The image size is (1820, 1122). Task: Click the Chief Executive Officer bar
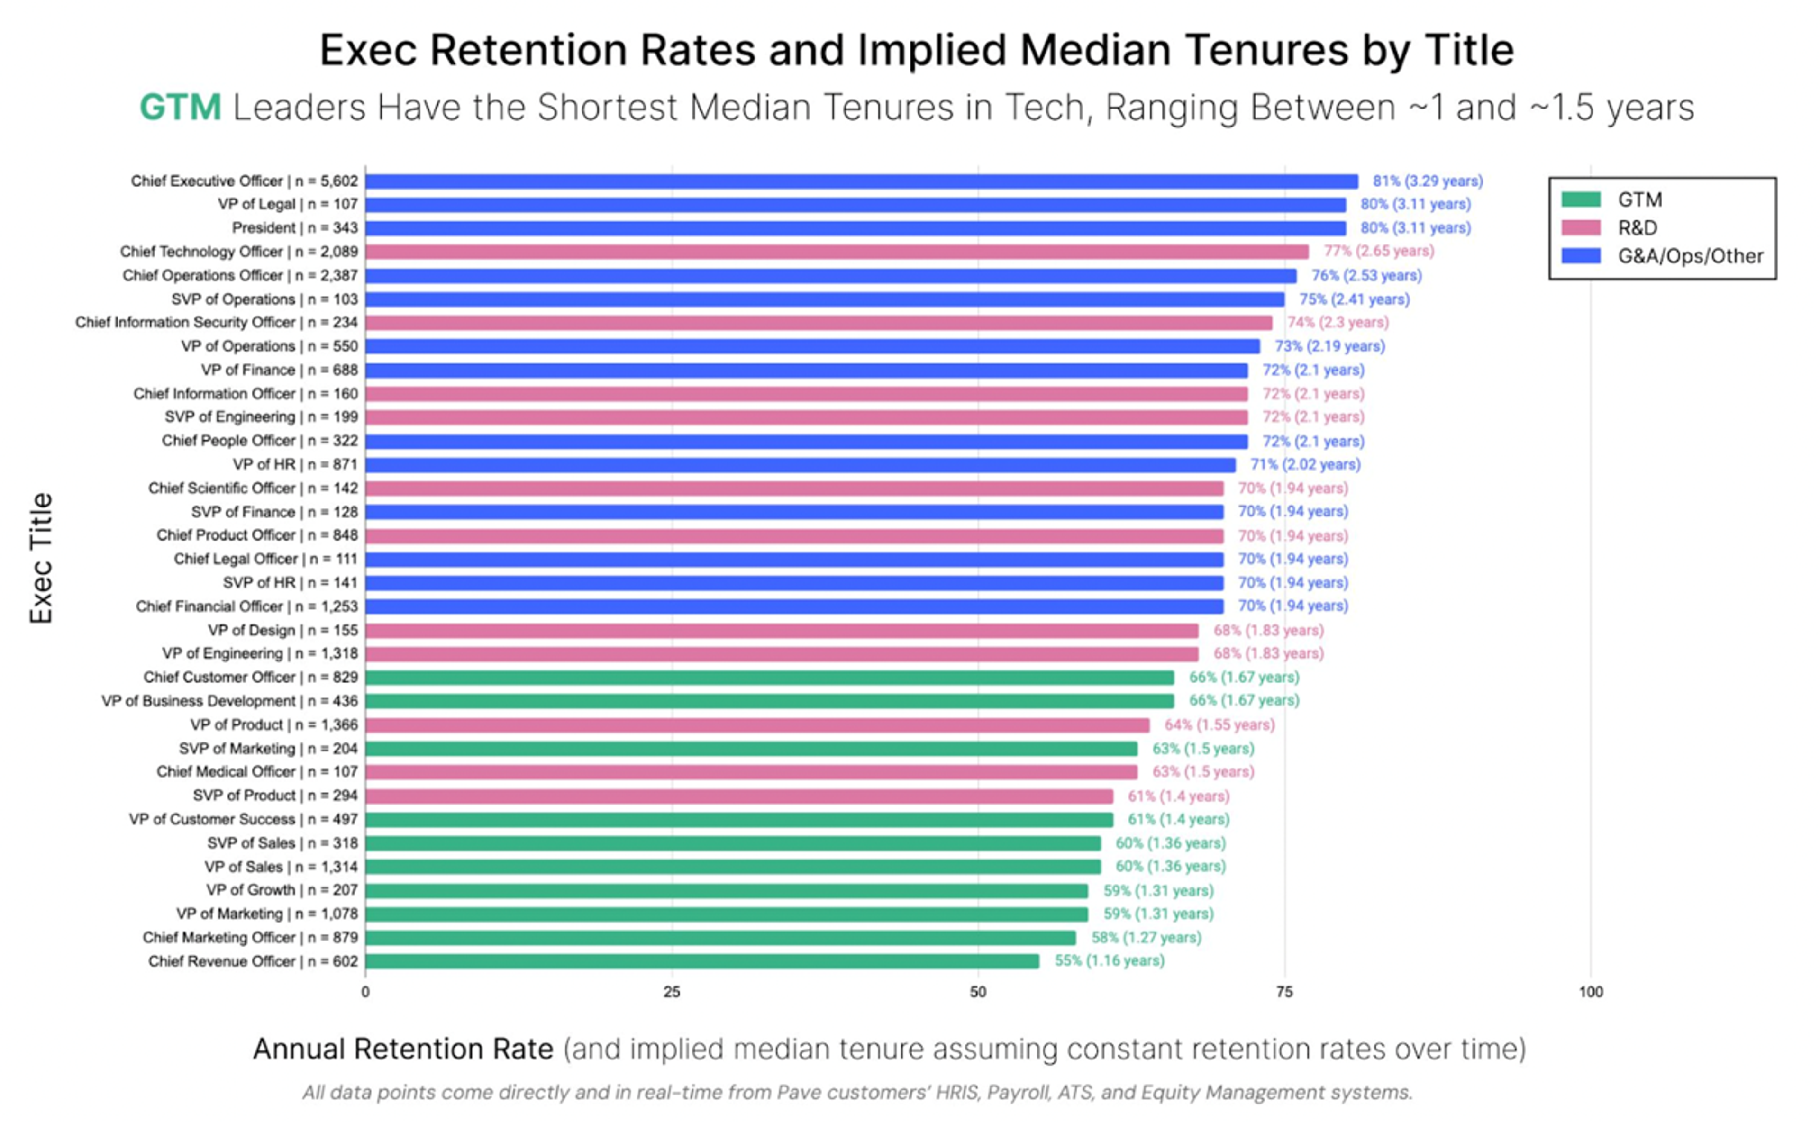(x=861, y=181)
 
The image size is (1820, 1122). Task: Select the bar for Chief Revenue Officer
(x=701, y=961)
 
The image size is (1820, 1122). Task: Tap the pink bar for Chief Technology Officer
(x=837, y=252)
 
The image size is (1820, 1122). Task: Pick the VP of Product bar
(x=757, y=725)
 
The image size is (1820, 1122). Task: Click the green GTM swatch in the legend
(x=1581, y=199)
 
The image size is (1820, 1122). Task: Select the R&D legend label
(x=1638, y=228)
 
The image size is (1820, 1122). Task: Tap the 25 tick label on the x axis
(x=671, y=992)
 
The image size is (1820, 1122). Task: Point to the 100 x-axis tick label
(x=1591, y=992)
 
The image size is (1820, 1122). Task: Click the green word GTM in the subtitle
(x=181, y=107)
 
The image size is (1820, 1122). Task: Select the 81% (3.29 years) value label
(x=1428, y=181)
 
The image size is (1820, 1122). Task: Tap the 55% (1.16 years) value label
(x=1109, y=961)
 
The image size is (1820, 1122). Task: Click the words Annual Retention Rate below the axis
(x=403, y=1050)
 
